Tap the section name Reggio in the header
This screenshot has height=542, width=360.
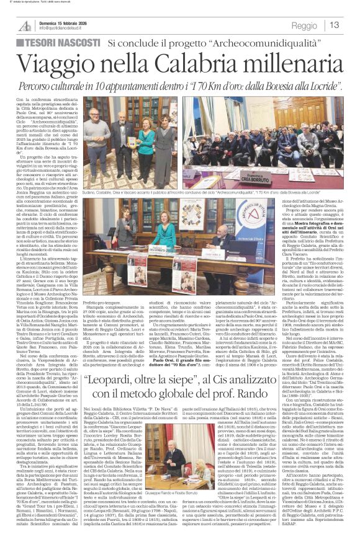coord(304,25)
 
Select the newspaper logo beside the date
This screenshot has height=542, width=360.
coord(24,25)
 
